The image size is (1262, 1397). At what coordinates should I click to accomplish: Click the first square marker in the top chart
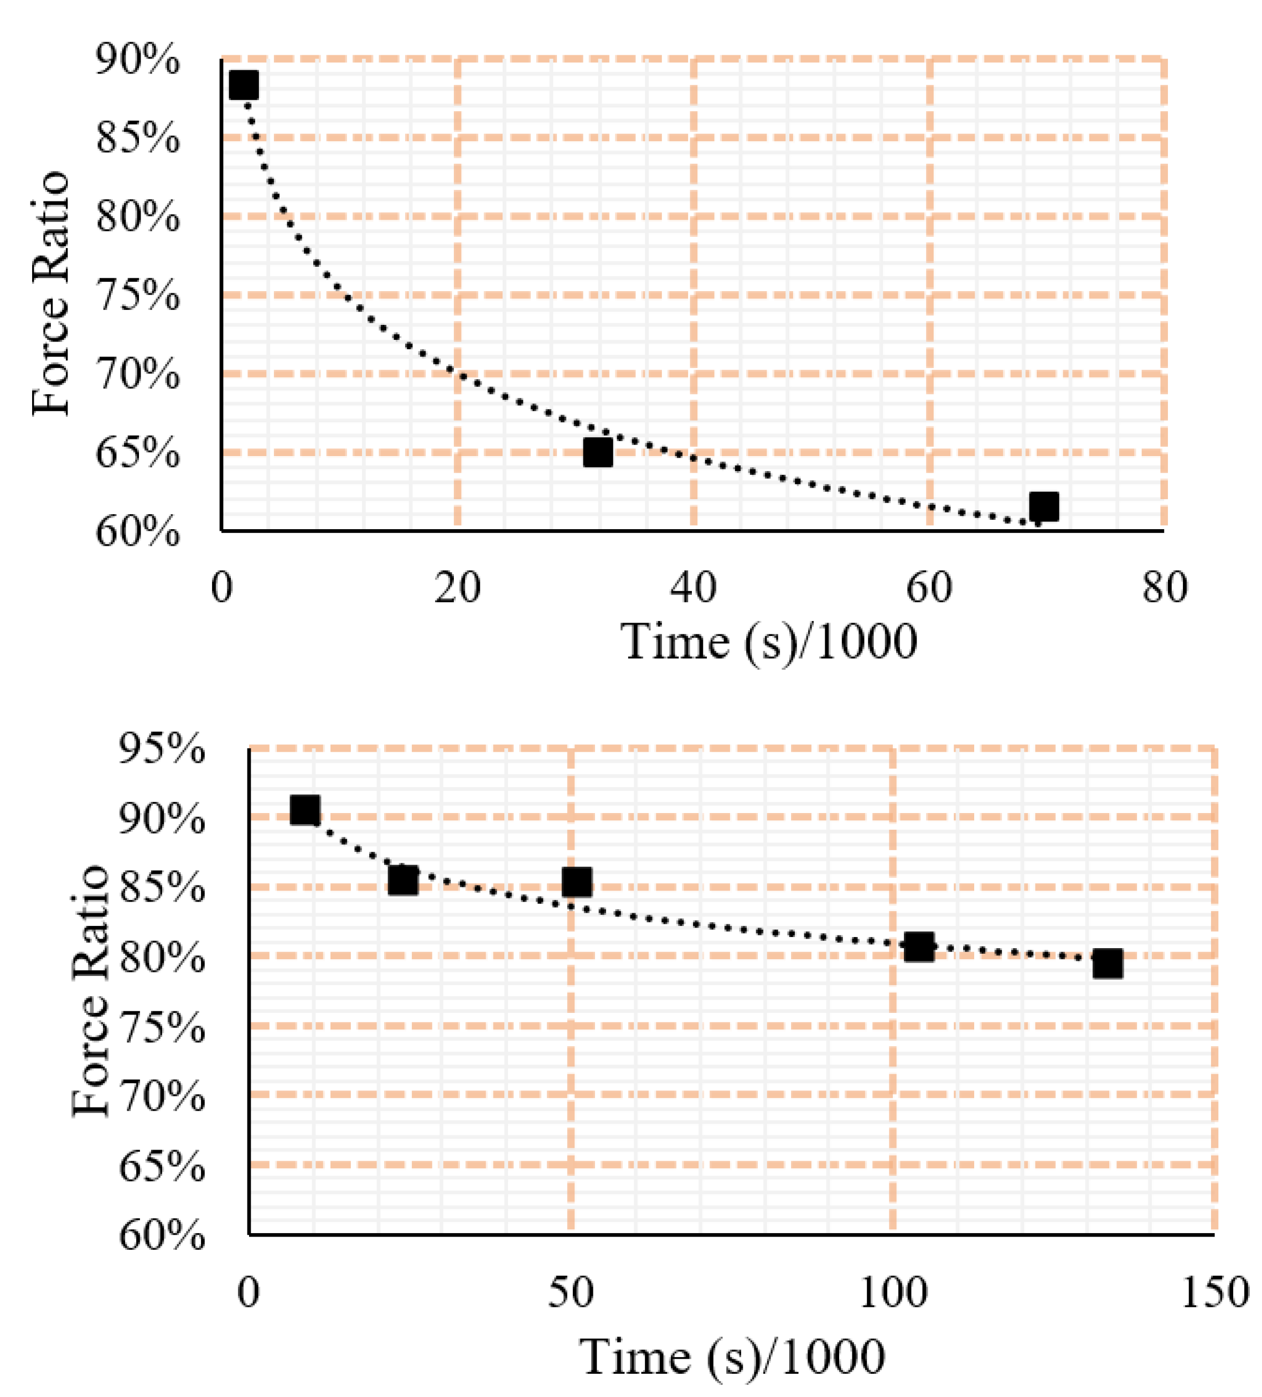point(243,85)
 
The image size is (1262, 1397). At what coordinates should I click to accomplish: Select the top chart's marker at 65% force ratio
point(597,452)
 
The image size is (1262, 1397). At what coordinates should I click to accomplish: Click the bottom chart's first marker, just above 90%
point(305,809)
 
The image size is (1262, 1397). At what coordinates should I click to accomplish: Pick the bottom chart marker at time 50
point(577,882)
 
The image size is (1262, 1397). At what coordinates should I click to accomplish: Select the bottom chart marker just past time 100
point(919,946)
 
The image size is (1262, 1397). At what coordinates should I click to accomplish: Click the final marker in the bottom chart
point(1108,964)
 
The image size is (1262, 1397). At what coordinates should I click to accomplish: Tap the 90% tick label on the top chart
point(137,61)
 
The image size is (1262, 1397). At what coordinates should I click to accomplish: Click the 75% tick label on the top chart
point(137,297)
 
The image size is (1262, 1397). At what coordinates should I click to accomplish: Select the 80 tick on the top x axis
point(1164,588)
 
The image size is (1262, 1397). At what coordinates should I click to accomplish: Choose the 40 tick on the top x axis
point(693,588)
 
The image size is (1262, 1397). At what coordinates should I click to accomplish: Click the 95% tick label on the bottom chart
point(162,750)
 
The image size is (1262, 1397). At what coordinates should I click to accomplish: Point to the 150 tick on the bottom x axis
point(1214,1292)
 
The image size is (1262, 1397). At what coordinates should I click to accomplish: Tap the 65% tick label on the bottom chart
point(162,1167)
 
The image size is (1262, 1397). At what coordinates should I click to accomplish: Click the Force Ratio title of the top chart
point(51,292)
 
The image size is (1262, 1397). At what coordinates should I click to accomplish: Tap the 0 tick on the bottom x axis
point(248,1292)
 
